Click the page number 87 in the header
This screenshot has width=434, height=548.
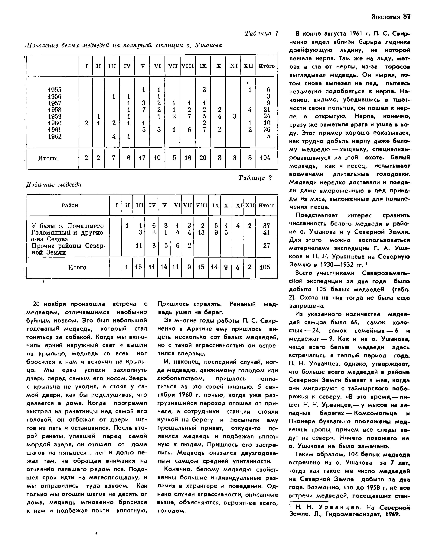pyautogui.click(x=407, y=17)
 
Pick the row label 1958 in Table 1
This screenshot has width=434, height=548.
pyautogui.click(x=55, y=110)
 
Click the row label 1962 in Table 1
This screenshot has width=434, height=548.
pyautogui.click(x=55, y=136)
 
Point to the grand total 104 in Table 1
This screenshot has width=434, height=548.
pyautogui.click(x=265, y=158)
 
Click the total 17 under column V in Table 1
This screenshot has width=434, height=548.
pyautogui.click(x=142, y=158)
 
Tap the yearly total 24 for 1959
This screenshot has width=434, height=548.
pyautogui.click(x=267, y=116)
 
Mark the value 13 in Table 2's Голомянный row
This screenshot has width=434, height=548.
pyautogui.click(x=201, y=232)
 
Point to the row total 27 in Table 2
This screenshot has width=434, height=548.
pyautogui.click(x=266, y=246)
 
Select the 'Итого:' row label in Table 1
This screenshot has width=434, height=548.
pyautogui.click(x=48, y=158)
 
